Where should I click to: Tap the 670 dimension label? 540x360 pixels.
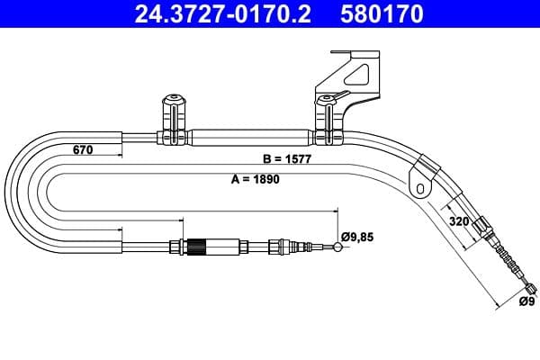[83, 150]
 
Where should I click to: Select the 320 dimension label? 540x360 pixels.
[459, 219]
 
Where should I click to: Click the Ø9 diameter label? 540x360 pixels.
[526, 301]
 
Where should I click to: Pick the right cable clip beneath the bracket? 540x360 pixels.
[324, 121]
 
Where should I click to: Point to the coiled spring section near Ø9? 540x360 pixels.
[508, 262]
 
